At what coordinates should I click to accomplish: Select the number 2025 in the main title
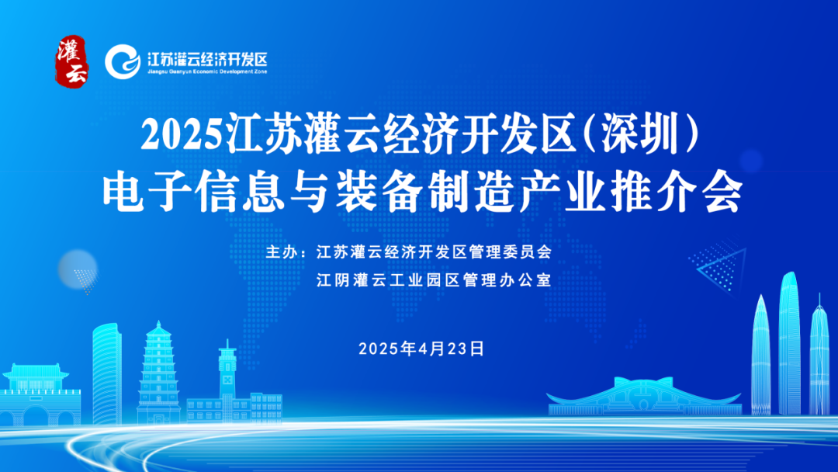182,137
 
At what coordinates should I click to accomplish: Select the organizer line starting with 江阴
434,279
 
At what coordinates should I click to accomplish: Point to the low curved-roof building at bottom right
644,396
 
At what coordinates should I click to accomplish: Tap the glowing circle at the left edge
78,268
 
